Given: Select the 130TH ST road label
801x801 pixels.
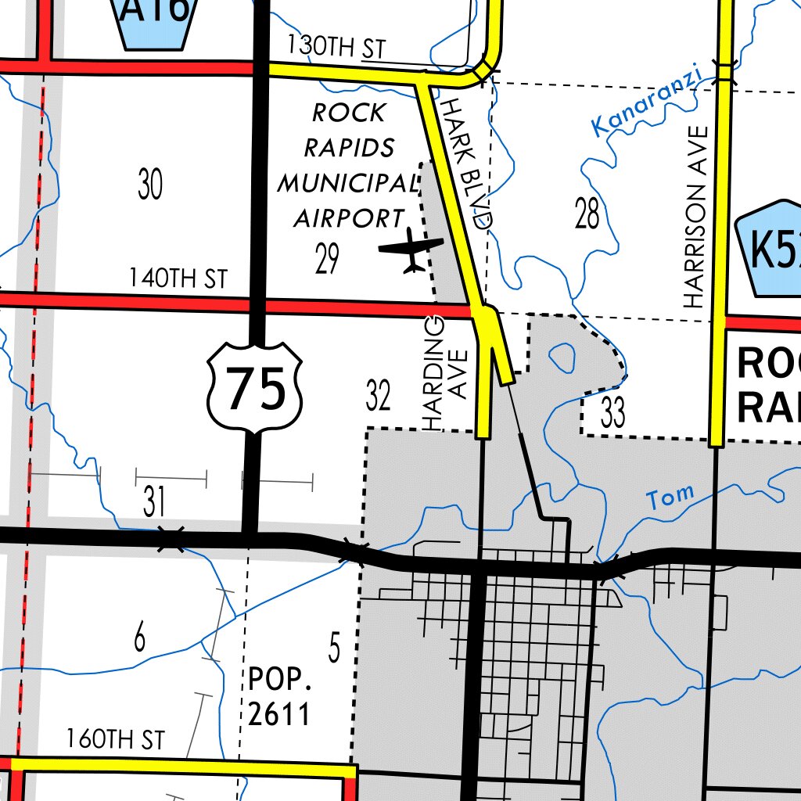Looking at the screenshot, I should click(x=336, y=47).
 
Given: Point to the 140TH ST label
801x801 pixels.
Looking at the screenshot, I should click(x=178, y=278).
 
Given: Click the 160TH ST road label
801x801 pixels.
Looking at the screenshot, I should click(x=116, y=739).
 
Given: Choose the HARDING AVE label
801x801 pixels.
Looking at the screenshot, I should click(x=445, y=373).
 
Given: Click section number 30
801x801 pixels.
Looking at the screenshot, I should click(x=150, y=185).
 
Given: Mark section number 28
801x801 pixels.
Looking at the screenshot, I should click(x=587, y=214).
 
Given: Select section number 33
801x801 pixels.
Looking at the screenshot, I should click(x=613, y=413).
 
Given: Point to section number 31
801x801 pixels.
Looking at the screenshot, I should click(x=154, y=502).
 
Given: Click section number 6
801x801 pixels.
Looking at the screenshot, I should click(x=139, y=638).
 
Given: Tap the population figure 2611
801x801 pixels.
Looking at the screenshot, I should click(x=279, y=713).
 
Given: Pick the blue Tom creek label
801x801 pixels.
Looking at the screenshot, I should click(x=670, y=496).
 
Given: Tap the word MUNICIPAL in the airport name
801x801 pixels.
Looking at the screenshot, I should click(x=347, y=183).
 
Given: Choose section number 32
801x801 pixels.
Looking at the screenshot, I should click(x=378, y=397).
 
